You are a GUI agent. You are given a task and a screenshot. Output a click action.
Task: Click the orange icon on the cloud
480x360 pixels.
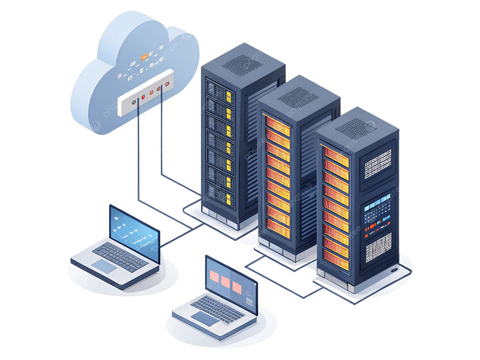145,57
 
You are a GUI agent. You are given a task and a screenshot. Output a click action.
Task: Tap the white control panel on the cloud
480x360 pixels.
146,92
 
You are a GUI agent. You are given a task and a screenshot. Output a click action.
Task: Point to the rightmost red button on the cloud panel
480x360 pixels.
159,89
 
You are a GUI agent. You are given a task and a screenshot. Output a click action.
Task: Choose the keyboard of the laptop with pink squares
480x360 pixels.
217,308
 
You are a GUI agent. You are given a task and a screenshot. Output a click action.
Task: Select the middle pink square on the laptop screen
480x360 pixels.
226,281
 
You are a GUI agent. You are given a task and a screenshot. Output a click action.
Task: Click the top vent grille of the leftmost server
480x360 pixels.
242,63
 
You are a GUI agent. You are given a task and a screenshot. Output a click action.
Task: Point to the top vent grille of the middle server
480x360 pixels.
298,96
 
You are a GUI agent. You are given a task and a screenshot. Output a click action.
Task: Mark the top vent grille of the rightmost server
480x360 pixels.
355,128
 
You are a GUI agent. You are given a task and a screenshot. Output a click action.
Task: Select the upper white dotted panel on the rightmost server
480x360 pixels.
378,164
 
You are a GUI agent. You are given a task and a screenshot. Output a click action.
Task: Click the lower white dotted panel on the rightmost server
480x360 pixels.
378,247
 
